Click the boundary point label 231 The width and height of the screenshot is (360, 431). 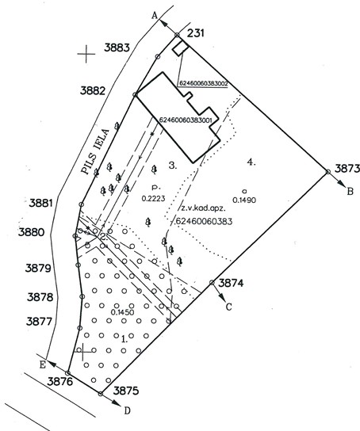point(196,33)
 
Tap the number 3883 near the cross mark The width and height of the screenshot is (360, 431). point(117,48)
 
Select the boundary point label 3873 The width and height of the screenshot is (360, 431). point(347,169)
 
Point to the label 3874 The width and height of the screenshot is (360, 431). point(231,283)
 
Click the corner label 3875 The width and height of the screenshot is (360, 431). point(126,391)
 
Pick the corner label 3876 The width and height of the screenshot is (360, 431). point(60,382)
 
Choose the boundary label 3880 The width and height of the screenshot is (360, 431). point(31,232)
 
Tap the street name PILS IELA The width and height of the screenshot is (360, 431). point(95,151)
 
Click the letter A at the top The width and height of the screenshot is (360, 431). point(155,16)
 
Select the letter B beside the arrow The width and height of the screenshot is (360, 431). point(350,191)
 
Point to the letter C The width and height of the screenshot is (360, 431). point(229,307)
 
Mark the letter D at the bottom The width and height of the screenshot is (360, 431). point(127,410)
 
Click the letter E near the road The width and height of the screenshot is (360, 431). point(42,364)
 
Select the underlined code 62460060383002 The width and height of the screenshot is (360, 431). point(204,83)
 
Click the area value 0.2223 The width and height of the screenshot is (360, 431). point(153,198)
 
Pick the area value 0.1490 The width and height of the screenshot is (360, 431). point(244,200)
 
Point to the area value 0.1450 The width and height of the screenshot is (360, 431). point(122,312)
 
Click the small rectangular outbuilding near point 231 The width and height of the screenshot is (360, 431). point(181,48)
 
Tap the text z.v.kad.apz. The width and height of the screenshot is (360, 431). point(203,208)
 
